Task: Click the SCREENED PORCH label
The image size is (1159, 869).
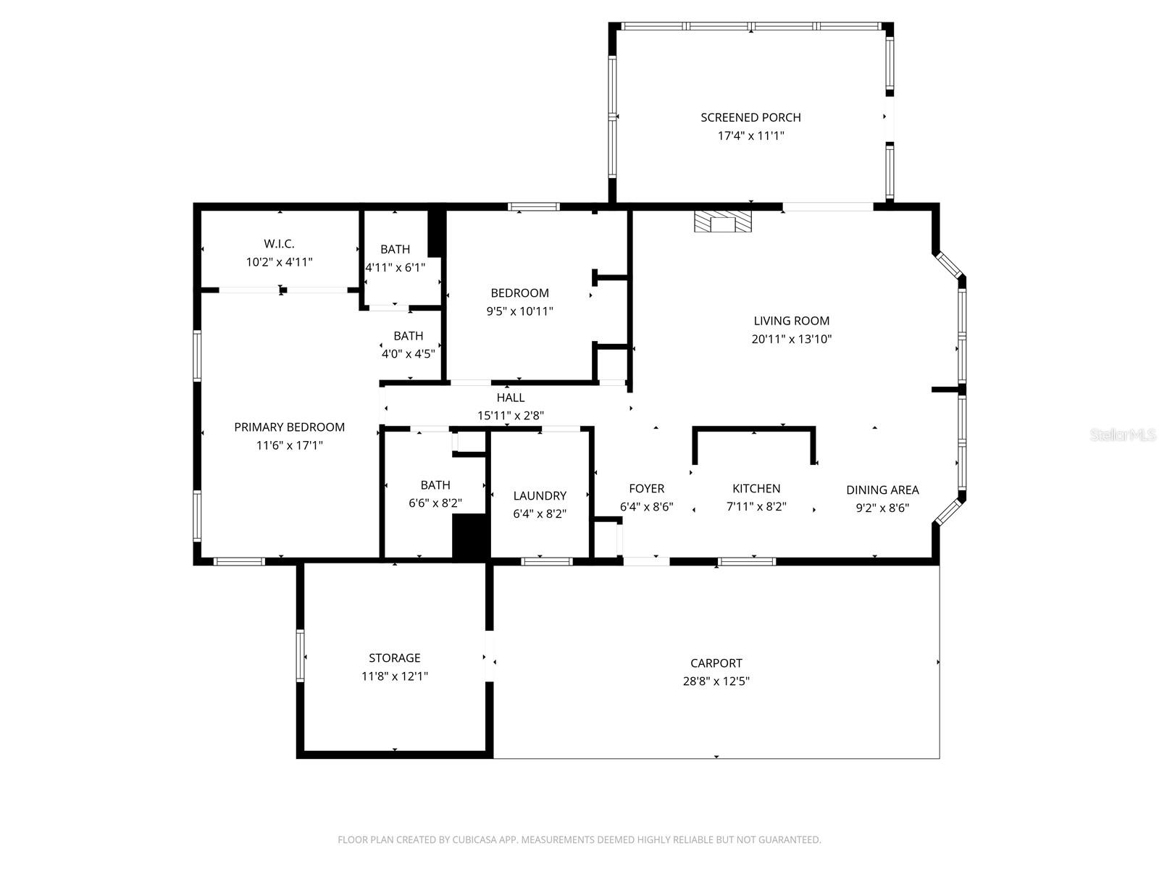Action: coord(750,117)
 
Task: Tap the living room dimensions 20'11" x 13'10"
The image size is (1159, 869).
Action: coord(791,339)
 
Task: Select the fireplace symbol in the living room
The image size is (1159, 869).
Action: coord(722,222)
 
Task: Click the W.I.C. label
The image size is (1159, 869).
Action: coord(279,244)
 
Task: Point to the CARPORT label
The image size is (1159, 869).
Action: coord(716,663)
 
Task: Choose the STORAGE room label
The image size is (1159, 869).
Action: coord(394,658)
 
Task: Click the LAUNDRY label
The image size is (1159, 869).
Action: coord(539,495)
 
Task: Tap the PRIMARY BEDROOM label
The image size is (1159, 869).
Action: coord(289,427)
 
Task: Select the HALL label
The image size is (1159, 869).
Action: coord(510,398)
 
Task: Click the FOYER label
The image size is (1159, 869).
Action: coord(646,489)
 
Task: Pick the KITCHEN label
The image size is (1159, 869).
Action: coord(756,489)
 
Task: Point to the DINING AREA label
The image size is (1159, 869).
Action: coord(882,490)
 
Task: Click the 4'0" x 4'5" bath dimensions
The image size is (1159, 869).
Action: coord(408,354)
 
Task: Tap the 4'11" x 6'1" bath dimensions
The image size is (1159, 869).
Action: coord(395,267)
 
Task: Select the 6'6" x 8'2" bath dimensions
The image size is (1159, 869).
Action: coord(435,503)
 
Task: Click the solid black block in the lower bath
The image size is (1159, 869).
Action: coord(471,537)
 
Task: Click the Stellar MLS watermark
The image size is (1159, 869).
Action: coord(1122,435)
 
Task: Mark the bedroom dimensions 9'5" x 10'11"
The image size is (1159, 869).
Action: coord(519,311)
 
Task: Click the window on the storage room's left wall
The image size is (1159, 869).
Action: coord(300,655)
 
